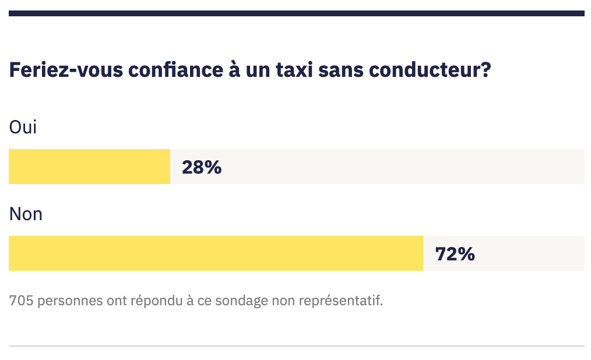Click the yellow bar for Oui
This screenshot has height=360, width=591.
coord(89,167)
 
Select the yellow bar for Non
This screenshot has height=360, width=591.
coord(216,253)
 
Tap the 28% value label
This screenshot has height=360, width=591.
coord(202,167)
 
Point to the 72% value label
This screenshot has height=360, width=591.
coord(455,254)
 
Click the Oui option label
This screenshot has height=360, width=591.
coord(23,127)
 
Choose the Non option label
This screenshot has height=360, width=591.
coord(26,214)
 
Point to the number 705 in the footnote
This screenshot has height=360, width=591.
coord(20,301)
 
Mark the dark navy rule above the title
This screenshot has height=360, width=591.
coord(296,13)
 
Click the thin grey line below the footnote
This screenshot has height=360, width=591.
coord(296,346)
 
